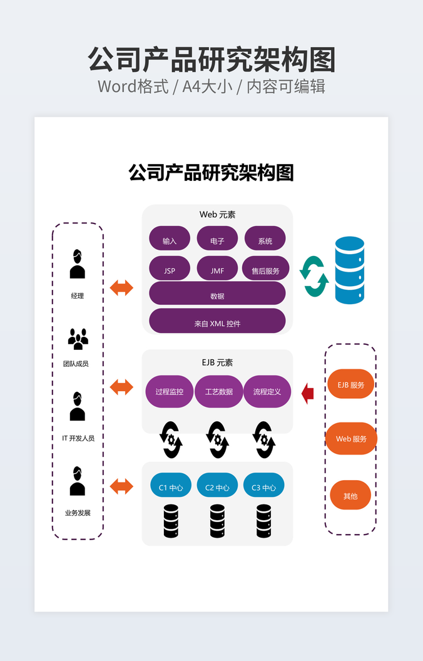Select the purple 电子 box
click(217, 238)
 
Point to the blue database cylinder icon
click(349, 270)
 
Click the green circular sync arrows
click(314, 276)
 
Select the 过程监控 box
click(170, 391)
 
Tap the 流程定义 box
click(267, 391)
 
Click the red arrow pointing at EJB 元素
click(307, 394)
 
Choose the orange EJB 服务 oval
click(350, 384)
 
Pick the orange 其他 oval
click(350, 495)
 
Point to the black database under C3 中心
click(264, 521)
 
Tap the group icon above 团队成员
click(78, 339)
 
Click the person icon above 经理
click(77, 264)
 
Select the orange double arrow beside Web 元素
click(121, 288)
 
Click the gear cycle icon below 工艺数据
click(217, 439)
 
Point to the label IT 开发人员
click(78, 438)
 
